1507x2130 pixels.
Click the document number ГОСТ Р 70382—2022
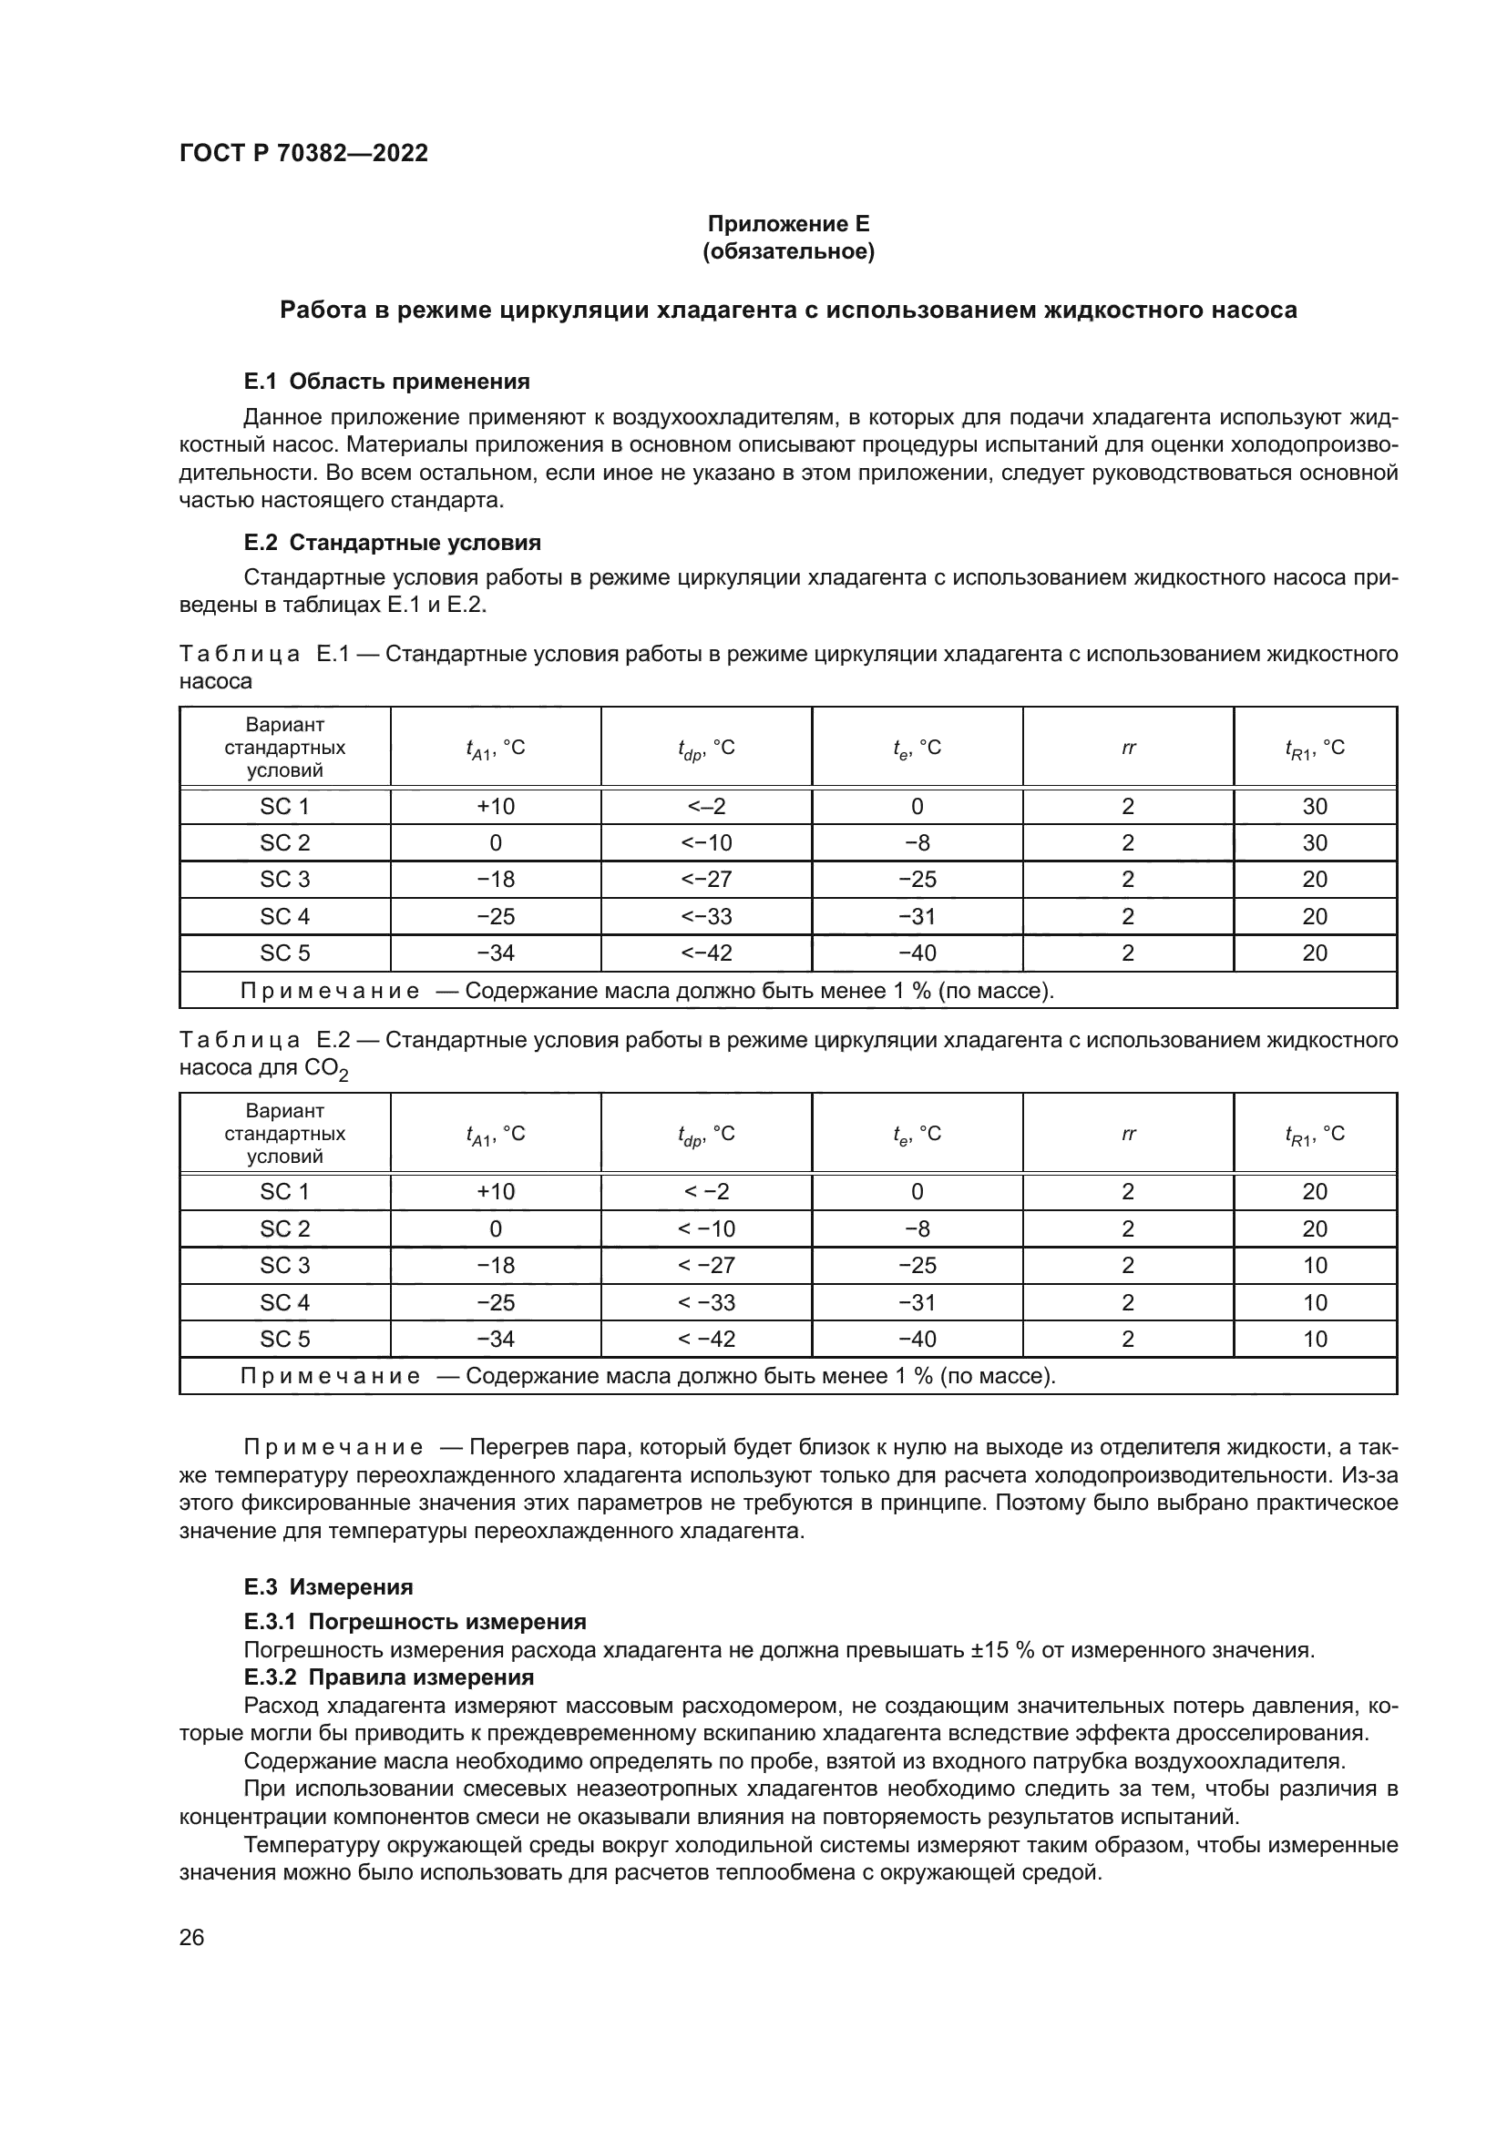(303, 153)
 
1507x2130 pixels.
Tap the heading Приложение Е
(788, 224)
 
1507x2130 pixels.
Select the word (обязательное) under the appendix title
(788, 251)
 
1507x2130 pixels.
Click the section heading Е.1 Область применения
(386, 382)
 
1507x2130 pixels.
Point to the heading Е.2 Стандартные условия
(392, 542)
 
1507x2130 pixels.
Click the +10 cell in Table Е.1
(496, 806)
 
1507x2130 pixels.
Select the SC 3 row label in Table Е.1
(284, 880)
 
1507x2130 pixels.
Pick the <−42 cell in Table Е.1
(706, 953)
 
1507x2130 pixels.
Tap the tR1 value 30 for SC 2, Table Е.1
(1314, 843)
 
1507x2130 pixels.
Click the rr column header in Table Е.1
(1127, 748)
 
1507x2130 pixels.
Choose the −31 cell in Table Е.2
(917, 1302)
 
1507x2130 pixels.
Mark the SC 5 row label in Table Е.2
(284, 1339)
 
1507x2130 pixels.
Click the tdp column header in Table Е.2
(706, 1135)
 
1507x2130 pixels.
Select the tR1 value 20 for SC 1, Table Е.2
(1314, 1191)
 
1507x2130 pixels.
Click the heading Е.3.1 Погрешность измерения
(415, 1622)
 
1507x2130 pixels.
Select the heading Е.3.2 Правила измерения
(389, 1677)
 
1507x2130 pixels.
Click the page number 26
(191, 1938)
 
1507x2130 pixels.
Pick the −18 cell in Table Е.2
(496, 1266)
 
